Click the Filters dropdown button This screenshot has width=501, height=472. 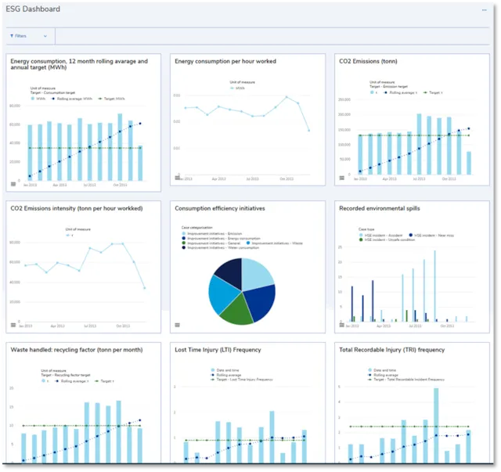tap(28, 36)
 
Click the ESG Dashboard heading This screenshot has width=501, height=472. tap(33, 9)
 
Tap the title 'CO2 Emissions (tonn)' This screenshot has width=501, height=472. tap(367, 61)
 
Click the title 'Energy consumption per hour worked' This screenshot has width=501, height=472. tap(225, 61)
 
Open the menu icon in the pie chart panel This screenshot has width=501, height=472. tap(178, 324)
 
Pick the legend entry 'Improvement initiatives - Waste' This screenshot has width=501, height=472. tap(275, 243)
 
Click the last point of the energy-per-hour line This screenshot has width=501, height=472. tap(308, 130)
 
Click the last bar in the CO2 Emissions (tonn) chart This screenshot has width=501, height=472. tap(468, 162)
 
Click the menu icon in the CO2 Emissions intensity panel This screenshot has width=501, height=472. tap(13, 324)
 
